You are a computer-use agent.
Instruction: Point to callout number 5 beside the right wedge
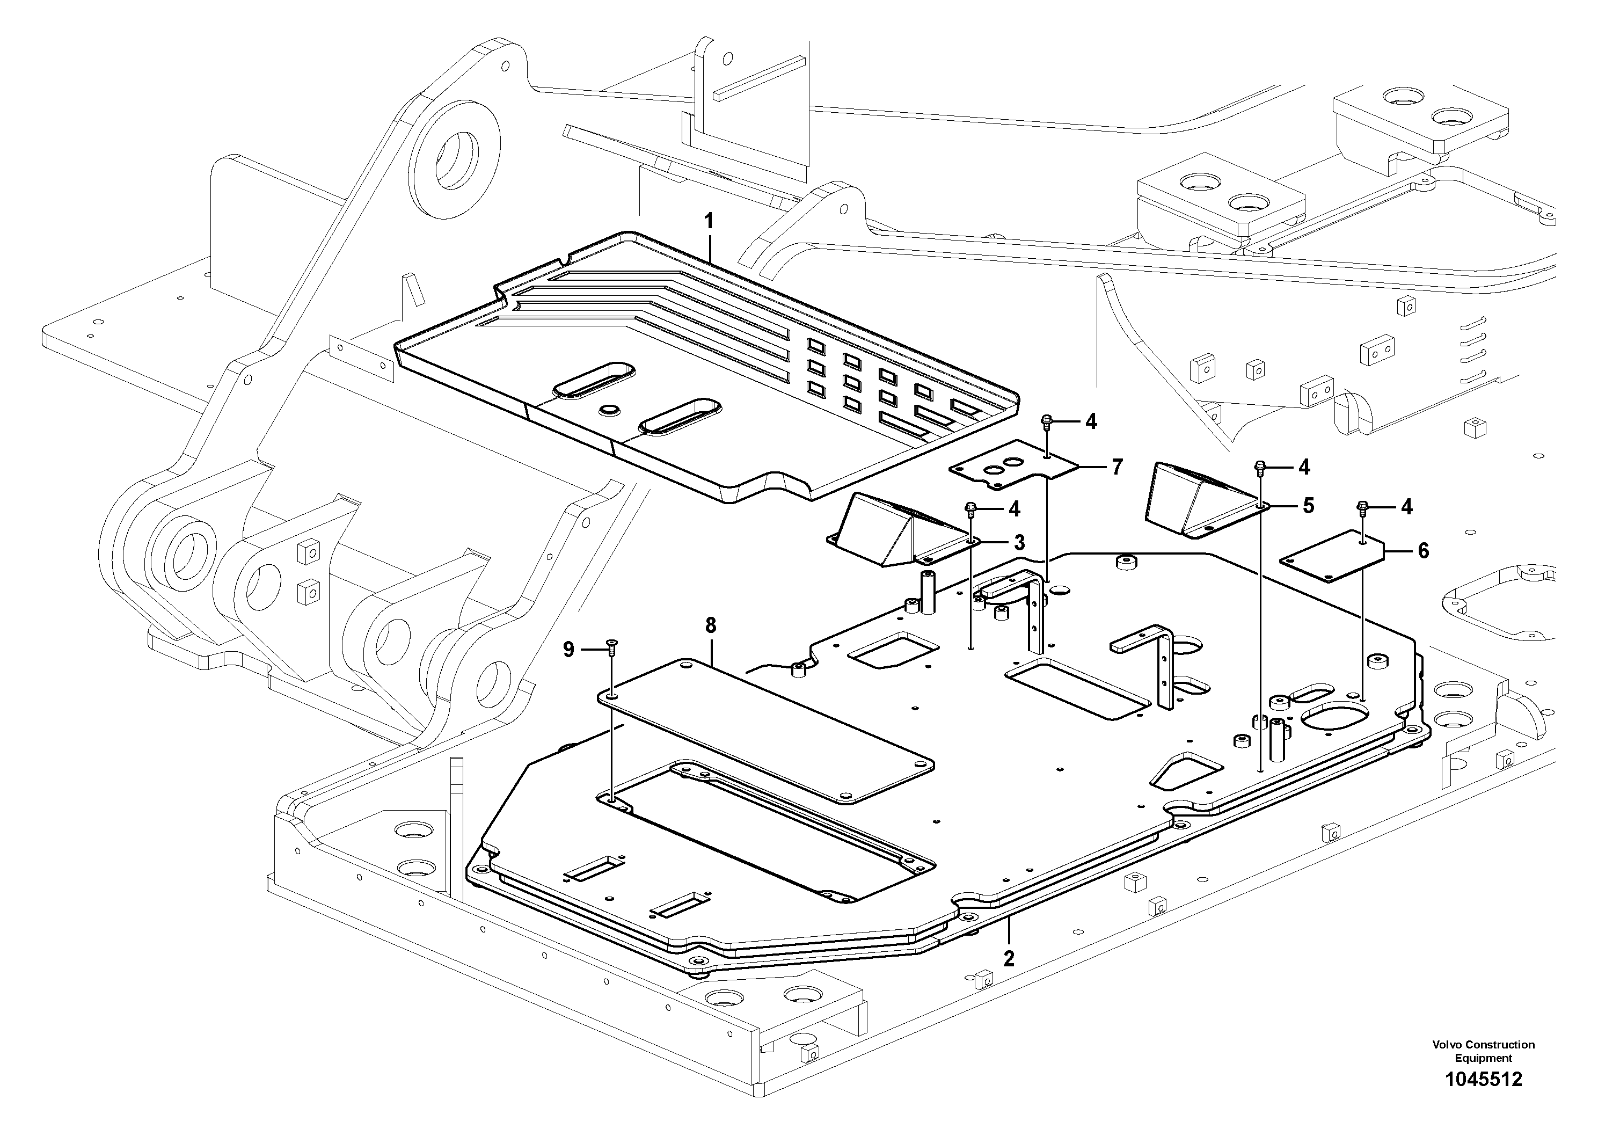(x=1309, y=506)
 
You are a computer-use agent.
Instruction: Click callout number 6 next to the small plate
(x=1424, y=551)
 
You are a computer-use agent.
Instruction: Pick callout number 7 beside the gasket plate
(x=1117, y=467)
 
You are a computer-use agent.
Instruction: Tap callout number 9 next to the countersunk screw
(x=568, y=650)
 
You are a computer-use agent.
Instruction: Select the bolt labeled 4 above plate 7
(x=1046, y=421)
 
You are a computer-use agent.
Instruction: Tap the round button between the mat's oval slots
(x=610, y=409)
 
